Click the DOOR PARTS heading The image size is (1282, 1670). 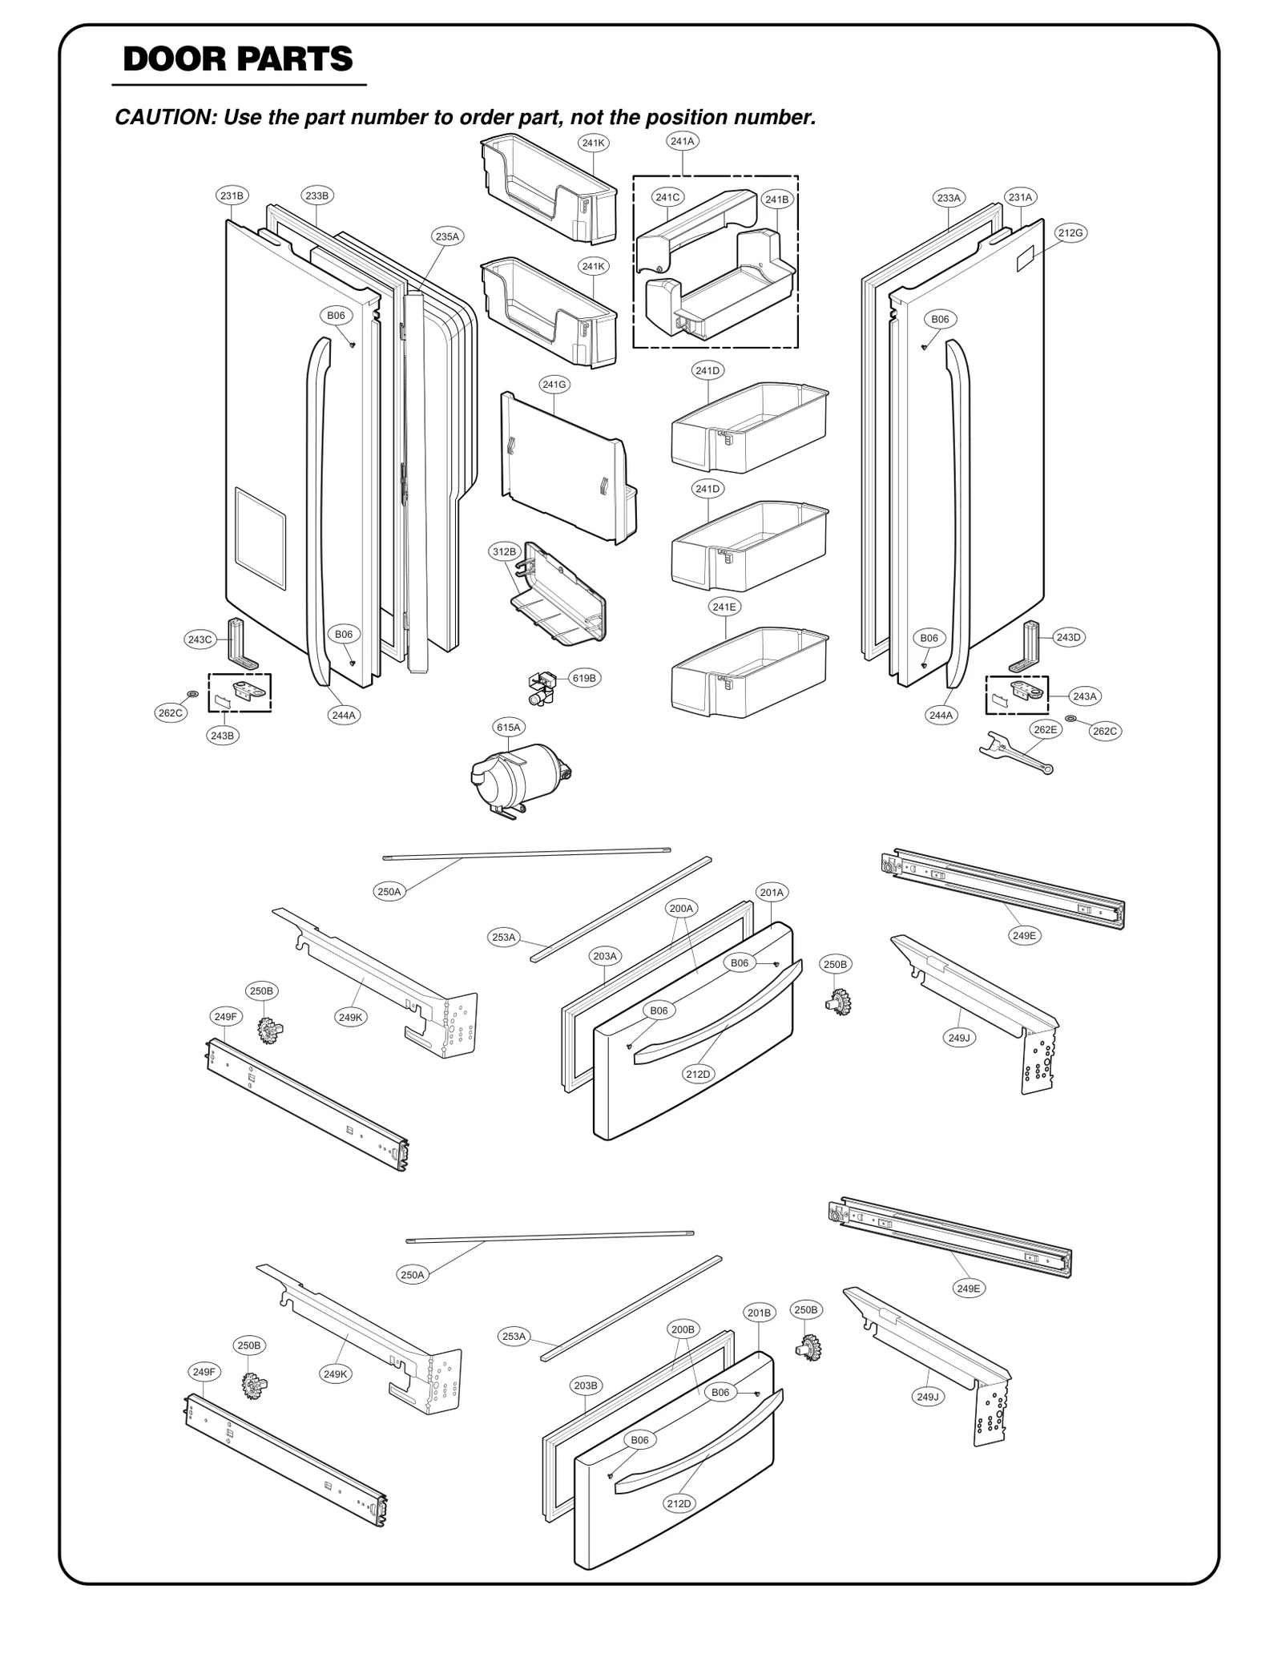tap(237, 59)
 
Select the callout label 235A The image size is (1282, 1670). tap(447, 236)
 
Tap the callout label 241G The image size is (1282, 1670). tap(554, 385)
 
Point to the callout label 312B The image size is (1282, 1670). tap(504, 551)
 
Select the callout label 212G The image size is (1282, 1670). tap(1070, 233)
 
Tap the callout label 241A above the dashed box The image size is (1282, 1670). tap(682, 141)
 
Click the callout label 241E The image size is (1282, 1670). tap(724, 607)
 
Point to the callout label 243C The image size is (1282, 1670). tap(199, 639)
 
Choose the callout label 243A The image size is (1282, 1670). tap(1084, 696)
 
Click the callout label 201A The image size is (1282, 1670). tap(772, 892)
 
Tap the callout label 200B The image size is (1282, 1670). tap(683, 1329)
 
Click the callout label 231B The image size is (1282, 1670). tap(232, 196)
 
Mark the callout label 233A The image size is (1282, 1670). tap(949, 197)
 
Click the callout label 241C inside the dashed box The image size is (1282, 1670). tap(667, 197)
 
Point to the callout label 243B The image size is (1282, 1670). tap(223, 735)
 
